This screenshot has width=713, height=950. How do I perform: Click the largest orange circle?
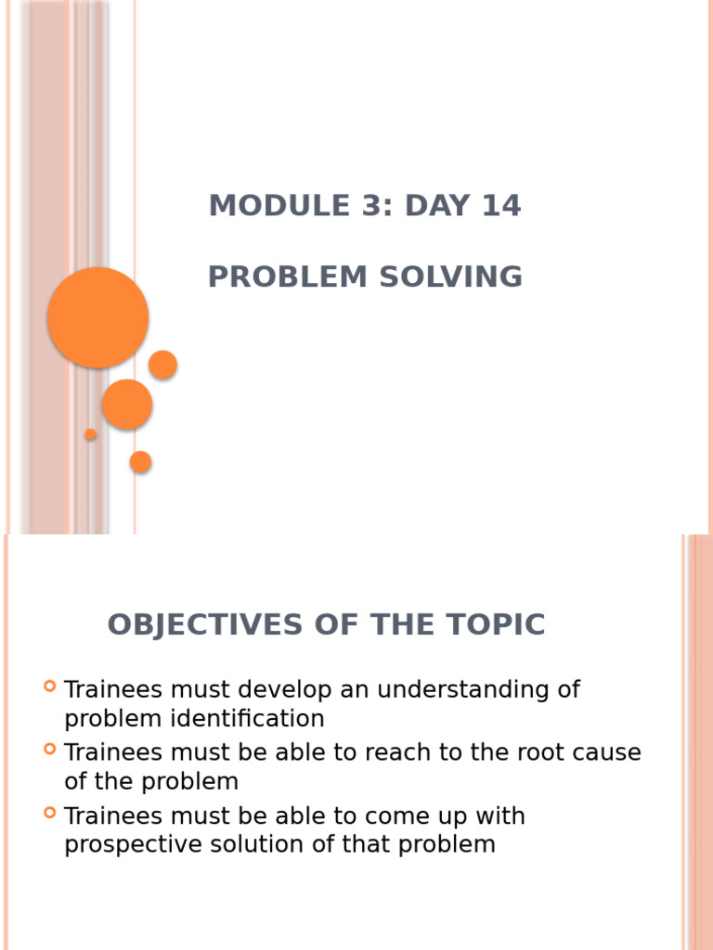97,317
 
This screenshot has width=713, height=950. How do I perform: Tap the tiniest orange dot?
90,434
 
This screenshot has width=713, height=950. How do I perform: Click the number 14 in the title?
500,205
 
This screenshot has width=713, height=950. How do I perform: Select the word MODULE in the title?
279,205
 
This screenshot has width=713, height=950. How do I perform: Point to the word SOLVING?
450,276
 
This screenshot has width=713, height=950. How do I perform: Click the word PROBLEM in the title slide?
288,276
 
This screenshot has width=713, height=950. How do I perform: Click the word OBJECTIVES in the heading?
205,624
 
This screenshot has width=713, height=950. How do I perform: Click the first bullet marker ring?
50,686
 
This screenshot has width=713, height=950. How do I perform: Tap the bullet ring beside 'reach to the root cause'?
50,749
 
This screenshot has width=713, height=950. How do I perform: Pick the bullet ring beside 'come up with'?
50,813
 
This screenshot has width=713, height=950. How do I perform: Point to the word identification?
247,719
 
